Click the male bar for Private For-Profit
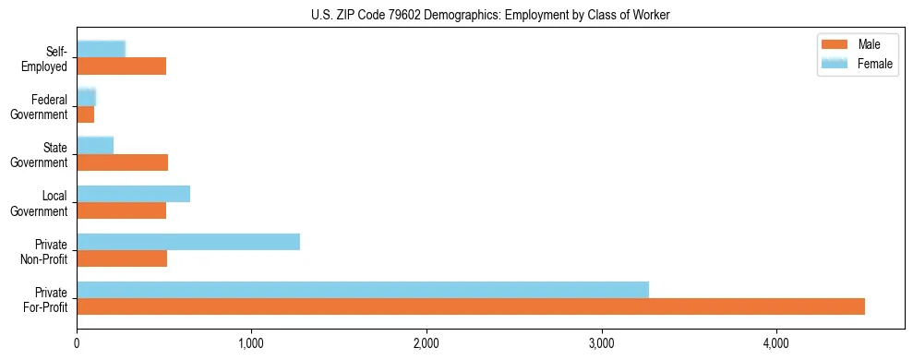click(471, 306)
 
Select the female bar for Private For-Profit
click(363, 290)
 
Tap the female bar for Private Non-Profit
click(188, 242)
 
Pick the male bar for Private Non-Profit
click(122, 258)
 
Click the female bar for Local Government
click(134, 194)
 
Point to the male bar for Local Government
click(122, 210)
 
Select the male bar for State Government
click(123, 162)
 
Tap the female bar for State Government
click(95, 146)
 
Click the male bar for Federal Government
click(86, 114)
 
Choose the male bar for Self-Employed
click(122, 66)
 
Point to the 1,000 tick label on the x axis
click(251, 344)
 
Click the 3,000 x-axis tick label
click(601, 344)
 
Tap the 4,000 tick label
click(776, 344)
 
